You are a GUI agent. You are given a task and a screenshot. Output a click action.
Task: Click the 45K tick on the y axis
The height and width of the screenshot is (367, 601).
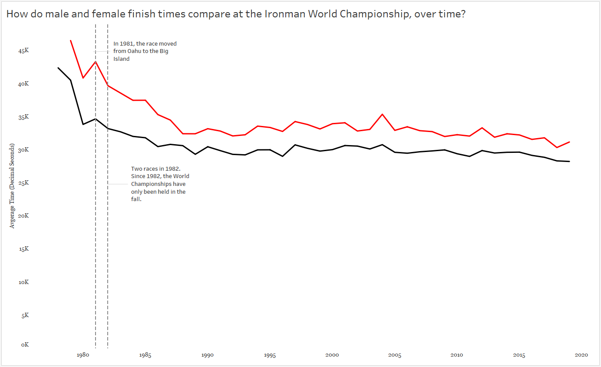[x=23, y=51]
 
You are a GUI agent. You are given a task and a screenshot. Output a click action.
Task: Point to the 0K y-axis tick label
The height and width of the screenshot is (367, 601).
[x=24, y=344]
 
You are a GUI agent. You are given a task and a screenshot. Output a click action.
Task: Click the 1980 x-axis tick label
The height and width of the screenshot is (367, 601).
[x=83, y=355]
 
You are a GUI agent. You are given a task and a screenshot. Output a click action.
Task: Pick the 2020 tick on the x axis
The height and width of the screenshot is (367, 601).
[x=581, y=355]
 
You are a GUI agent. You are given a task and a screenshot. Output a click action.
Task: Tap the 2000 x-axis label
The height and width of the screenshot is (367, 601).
[x=332, y=355]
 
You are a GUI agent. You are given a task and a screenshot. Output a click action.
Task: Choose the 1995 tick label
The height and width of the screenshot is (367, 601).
[x=270, y=355]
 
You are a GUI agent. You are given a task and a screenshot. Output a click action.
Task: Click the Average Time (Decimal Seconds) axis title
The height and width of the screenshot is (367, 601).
[x=13, y=186]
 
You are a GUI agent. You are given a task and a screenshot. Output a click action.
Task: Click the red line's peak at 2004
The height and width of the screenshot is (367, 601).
[x=382, y=114]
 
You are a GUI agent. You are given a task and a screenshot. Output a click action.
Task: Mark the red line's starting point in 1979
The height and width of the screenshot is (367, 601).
[x=70, y=40]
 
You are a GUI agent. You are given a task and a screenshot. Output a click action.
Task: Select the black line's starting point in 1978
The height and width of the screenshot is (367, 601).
[x=58, y=68]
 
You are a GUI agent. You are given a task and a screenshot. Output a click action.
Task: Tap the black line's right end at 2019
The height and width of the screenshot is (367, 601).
[x=569, y=162]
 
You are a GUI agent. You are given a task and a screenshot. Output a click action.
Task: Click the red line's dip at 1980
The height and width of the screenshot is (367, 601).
[x=83, y=78]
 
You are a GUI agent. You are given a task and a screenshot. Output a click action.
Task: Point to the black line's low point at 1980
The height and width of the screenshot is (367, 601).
[x=83, y=125]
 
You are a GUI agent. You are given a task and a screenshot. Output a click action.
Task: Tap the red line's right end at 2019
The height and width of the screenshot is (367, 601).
[x=569, y=142]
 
